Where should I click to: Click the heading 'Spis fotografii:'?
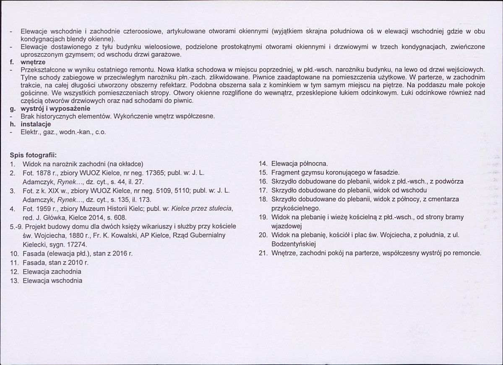(x=34, y=155)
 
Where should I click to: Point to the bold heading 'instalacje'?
(x=35, y=124)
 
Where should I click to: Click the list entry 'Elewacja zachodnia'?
(x=52, y=272)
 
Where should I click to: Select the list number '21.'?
(x=263, y=253)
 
